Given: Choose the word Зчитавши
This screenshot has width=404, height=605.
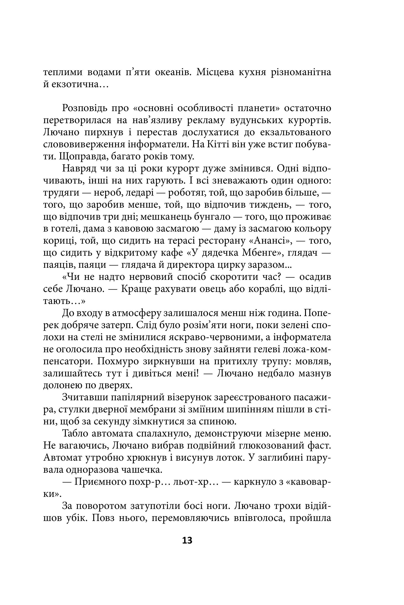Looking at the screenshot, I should coord(84,397).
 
